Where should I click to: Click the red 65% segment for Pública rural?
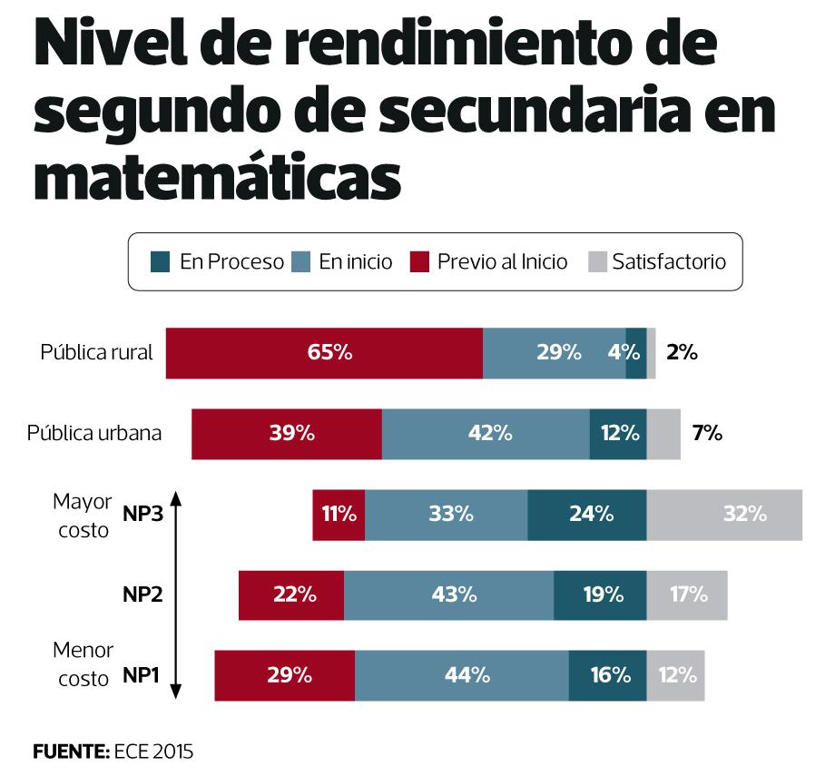pos(324,352)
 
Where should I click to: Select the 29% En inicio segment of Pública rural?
pos(554,352)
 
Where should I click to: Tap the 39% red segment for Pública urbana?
pos(287,434)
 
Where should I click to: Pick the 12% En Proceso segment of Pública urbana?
pos(618,434)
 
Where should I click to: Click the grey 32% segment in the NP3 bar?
pos(724,515)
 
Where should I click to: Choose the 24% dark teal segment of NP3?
pos(586,515)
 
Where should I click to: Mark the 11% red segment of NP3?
pos(339,515)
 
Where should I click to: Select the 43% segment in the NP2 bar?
pos(448,595)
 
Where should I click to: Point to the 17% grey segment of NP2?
pos(687,595)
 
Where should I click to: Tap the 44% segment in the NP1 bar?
pos(462,675)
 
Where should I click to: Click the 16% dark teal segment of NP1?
pos(607,675)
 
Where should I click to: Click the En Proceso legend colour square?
pos(161,262)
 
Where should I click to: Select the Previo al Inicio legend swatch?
pos(418,262)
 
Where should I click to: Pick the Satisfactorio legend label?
pos(669,262)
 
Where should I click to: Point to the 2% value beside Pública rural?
pos(682,352)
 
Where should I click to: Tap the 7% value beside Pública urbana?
pos(707,434)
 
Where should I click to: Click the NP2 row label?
pos(142,595)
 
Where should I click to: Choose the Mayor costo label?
pos(83,516)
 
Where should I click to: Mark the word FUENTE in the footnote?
pos(70,751)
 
